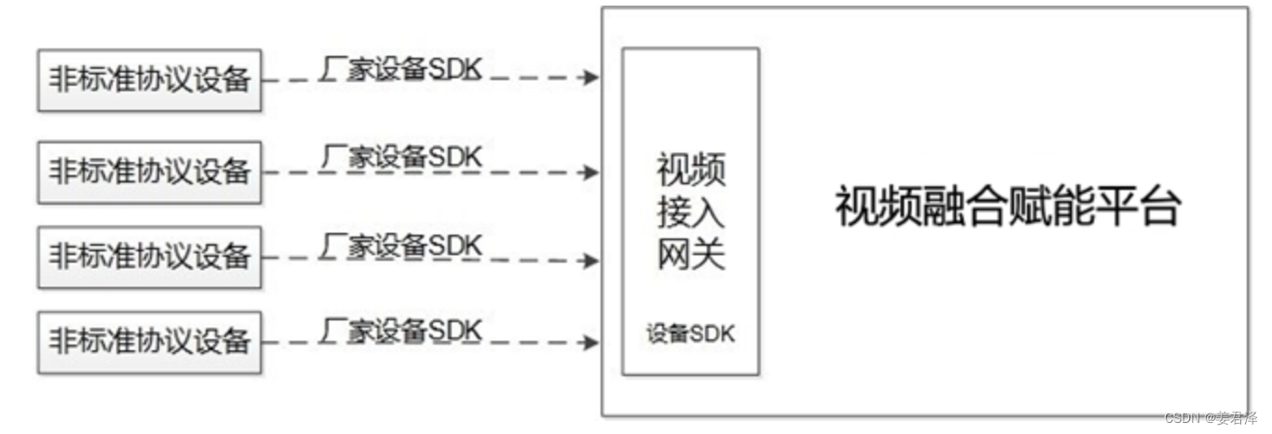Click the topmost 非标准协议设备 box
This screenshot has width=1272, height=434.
[x=149, y=81]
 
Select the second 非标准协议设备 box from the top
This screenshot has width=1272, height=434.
[x=149, y=170]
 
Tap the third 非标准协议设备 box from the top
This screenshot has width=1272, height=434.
[x=149, y=255]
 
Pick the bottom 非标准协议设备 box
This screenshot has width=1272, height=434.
[x=149, y=341]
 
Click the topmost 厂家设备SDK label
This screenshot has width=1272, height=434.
[x=401, y=71]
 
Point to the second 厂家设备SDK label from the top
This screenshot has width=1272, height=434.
[x=401, y=156]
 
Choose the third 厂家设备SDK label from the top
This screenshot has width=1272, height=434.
[x=401, y=245]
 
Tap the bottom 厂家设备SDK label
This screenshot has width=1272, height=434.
[x=401, y=330]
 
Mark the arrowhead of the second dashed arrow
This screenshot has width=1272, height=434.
[x=591, y=171]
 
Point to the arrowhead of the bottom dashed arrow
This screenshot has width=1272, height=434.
[x=591, y=343]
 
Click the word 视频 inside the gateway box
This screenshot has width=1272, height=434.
[x=690, y=171]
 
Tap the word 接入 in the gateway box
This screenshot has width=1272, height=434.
[x=690, y=212]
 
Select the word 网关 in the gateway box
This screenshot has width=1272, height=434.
[x=690, y=254]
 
